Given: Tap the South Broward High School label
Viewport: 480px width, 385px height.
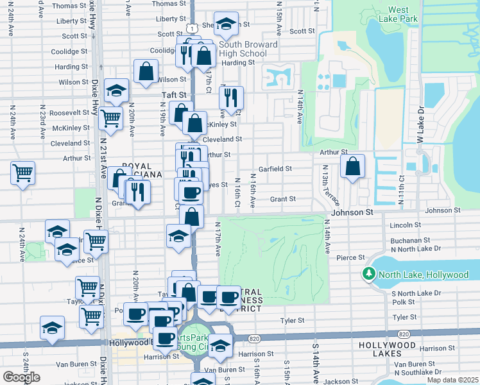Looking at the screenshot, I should (243, 49).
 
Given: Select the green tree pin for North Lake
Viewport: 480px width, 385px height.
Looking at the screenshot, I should (370, 275).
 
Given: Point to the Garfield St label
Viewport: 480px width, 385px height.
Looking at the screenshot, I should (275, 169).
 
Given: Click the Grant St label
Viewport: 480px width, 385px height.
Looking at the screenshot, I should (282, 199).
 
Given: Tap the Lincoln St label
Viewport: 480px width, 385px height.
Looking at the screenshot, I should (405, 225).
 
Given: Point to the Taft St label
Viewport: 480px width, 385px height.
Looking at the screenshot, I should (173, 95).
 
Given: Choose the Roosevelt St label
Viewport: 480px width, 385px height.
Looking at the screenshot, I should (72, 112).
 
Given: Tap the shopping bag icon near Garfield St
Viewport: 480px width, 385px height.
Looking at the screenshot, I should (352, 166).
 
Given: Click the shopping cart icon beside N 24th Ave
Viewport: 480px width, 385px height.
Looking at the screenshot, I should (22, 172).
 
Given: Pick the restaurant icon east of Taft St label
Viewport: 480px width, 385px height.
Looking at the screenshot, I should (231, 98).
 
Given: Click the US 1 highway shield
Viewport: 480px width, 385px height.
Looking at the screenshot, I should (193, 28).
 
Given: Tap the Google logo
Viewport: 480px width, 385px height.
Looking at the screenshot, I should (21, 377).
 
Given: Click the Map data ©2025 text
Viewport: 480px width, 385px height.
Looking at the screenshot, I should (453, 380).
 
